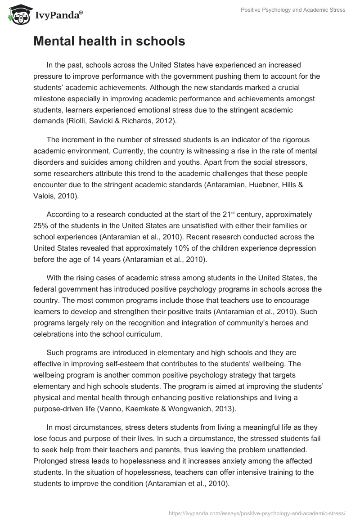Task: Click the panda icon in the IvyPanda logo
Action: (17, 15)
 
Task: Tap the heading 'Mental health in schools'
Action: (109, 41)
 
